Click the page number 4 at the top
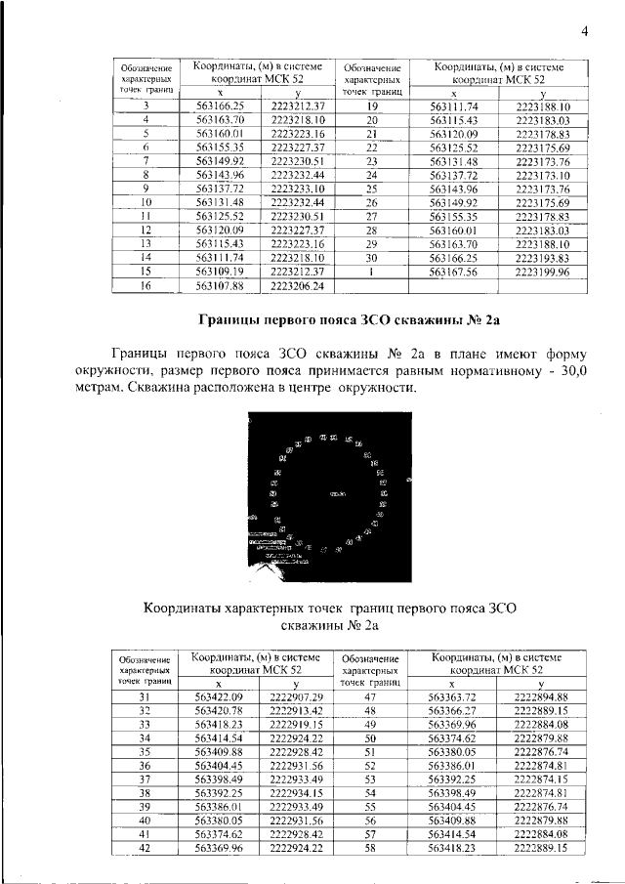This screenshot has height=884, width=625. (x=584, y=30)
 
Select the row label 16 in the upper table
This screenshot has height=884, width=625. (x=146, y=285)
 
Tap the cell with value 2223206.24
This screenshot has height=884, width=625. (x=303, y=285)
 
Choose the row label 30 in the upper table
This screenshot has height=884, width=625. (x=371, y=257)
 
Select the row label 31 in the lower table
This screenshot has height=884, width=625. (x=145, y=695)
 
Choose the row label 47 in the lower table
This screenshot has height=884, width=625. (x=370, y=695)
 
